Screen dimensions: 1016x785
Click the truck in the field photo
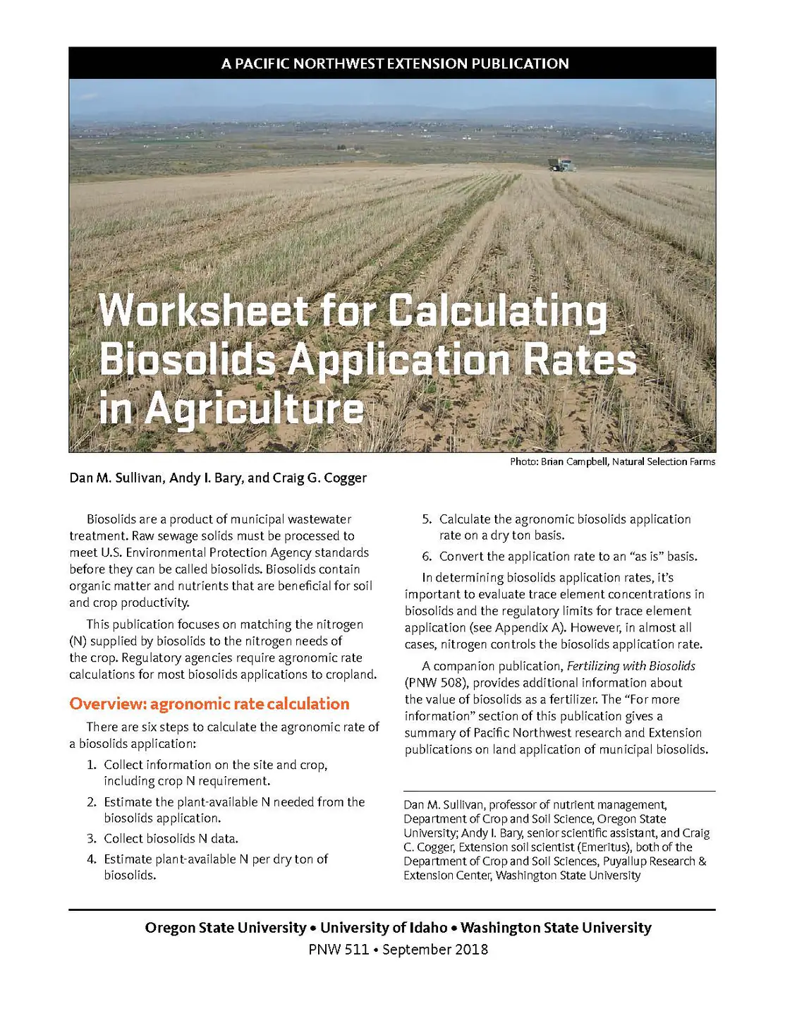(562, 165)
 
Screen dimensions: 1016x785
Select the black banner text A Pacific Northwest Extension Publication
(395, 64)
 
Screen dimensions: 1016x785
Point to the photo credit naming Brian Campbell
(612, 461)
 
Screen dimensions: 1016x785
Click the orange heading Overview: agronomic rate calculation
(209, 703)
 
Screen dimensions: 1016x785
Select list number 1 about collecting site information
(92, 765)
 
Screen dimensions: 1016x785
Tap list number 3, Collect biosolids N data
(92, 838)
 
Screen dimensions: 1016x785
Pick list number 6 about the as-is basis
(427, 556)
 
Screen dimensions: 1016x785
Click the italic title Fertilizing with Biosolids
(631, 666)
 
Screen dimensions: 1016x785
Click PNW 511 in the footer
(339, 949)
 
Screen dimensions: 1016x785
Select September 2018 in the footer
(435, 949)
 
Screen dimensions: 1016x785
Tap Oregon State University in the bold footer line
(226, 928)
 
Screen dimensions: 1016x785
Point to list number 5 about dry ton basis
(427, 519)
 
